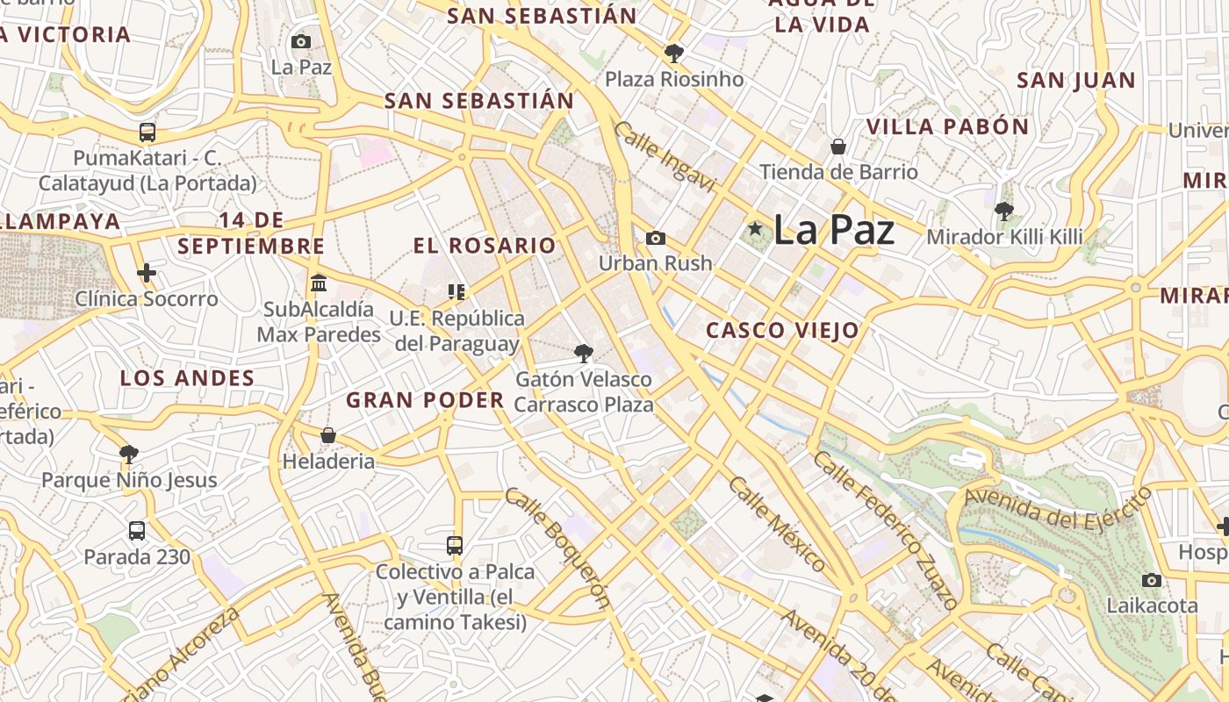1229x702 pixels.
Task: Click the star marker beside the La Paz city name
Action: (755, 229)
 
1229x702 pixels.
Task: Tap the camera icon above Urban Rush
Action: (655, 238)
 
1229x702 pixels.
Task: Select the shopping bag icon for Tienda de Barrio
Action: (838, 146)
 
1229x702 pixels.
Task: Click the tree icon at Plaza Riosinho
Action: (674, 54)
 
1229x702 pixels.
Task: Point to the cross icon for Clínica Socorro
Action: (147, 273)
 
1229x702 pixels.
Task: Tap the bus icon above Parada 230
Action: (137, 531)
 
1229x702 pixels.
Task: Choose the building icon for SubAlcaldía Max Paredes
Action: (319, 283)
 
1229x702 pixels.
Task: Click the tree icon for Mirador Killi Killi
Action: (1004, 211)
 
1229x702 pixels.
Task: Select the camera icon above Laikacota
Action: (1152, 580)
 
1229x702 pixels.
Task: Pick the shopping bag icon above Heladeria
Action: (328, 435)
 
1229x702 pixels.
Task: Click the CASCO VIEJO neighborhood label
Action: (782, 331)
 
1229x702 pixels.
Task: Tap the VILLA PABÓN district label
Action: (947, 126)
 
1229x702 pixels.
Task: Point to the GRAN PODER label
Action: (425, 400)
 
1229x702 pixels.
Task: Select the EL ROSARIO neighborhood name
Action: (485, 246)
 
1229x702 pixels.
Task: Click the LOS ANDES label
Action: (187, 378)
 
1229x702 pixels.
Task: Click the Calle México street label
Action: (776, 523)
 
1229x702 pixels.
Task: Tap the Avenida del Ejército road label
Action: (1057, 507)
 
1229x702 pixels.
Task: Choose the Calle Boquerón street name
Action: (557, 548)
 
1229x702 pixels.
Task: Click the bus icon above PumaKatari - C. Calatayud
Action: (147, 133)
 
